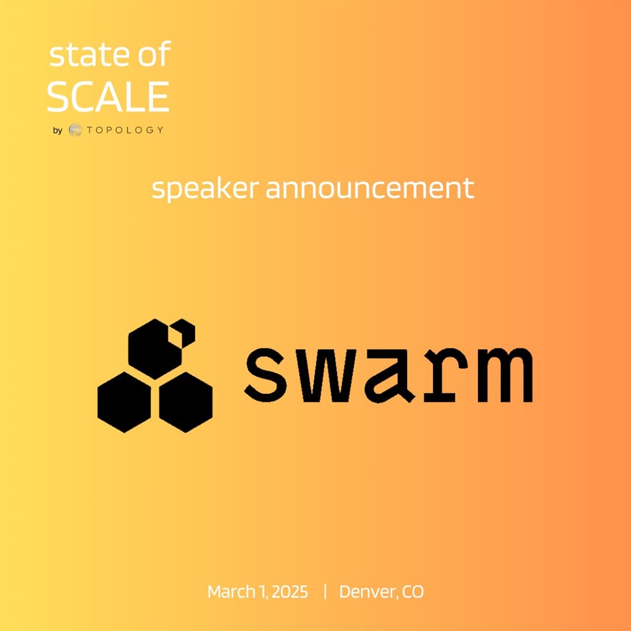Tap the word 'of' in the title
(155, 53)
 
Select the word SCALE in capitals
(109, 97)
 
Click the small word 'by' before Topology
(57, 131)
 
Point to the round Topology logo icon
(75, 130)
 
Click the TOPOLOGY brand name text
(125, 130)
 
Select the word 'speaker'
(205, 188)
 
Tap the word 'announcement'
(370, 188)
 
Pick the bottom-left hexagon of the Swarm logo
(124, 403)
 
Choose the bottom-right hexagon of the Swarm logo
(186, 403)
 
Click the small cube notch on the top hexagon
(183, 333)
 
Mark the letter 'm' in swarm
(505, 375)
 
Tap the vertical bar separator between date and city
(325, 592)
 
